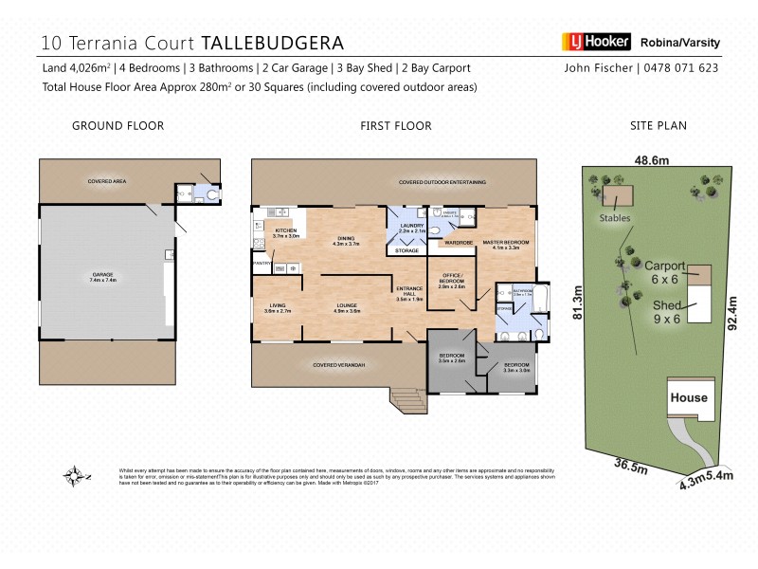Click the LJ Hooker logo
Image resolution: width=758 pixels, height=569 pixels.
click(x=594, y=43)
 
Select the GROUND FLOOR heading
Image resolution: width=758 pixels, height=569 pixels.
click(x=118, y=125)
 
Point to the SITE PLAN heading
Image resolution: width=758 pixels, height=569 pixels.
click(x=659, y=125)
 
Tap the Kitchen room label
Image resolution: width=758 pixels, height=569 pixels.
click(x=286, y=232)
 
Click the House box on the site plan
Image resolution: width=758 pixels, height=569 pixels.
click(x=688, y=397)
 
